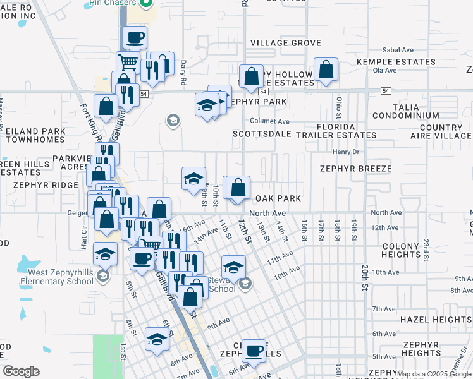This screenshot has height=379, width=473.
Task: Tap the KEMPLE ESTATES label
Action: [393, 62]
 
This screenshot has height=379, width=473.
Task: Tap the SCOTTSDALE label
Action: [261, 135]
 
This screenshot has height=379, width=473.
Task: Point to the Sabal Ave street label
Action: [397, 50]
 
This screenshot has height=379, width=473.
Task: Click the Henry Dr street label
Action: [345, 152]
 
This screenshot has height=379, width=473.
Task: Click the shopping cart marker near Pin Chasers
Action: [128, 63]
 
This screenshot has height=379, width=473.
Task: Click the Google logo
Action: [21, 371]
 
